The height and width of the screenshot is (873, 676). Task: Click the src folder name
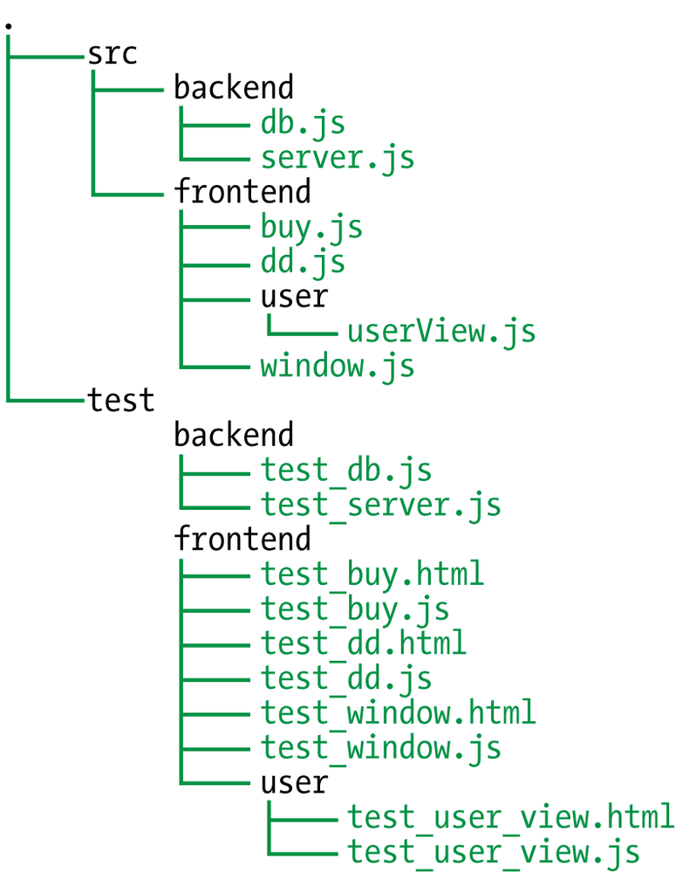[x=112, y=54]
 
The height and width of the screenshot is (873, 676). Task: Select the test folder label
[x=120, y=401]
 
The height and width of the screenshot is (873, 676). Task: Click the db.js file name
[x=303, y=124]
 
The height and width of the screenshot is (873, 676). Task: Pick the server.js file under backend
[x=337, y=158]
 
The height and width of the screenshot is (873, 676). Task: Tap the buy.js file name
[x=311, y=228]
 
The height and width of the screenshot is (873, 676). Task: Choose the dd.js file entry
[x=303, y=263]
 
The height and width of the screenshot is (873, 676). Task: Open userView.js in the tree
[x=440, y=332]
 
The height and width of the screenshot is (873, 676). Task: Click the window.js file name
[x=337, y=367]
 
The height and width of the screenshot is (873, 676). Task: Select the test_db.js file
[x=345, y=471]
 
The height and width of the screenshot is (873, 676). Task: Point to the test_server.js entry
[x=380, y=505]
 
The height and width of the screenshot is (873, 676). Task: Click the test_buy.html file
[x=372, y=574]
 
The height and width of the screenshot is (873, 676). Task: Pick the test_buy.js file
[x=354, y=608]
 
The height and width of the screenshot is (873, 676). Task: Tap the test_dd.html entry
[x=363, y=643]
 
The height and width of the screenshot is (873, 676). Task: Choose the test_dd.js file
[x=345, y=678]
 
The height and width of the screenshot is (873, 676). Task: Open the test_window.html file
[x=398, y=712]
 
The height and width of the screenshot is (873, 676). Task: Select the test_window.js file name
[x=380, y=747]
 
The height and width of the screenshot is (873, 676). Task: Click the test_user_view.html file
[x=510, y=817]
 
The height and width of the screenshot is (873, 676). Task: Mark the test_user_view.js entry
[x=493, y=851]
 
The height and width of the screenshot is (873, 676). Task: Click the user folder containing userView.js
[x=294, y=297]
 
